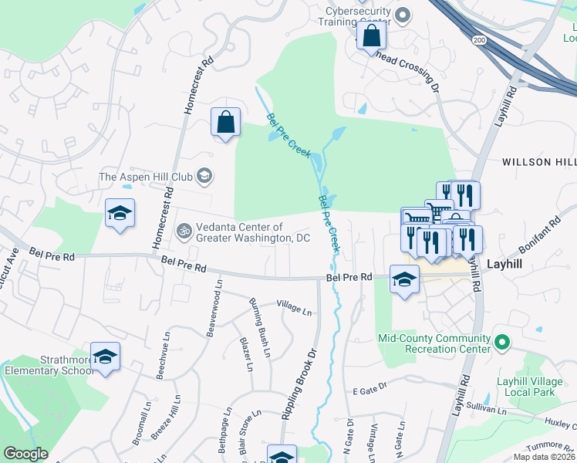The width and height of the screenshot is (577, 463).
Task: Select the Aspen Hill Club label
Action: (x=145, y=177)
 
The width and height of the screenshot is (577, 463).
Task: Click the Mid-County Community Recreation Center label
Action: (x=434, y=343)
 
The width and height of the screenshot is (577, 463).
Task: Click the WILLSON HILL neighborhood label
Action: (x=538, y=161)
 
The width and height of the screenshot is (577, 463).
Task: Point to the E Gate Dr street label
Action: (x=368, y=392)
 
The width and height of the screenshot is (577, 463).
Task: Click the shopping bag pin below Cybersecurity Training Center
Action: (x=371, y=36)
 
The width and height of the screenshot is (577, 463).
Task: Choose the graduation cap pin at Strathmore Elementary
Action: (x=105, y=357)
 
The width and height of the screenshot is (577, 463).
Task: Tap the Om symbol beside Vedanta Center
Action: (x=184, y=230)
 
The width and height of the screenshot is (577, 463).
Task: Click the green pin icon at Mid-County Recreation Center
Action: (x=501, y=341)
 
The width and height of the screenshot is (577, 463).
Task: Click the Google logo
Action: (x=26, y=454)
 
